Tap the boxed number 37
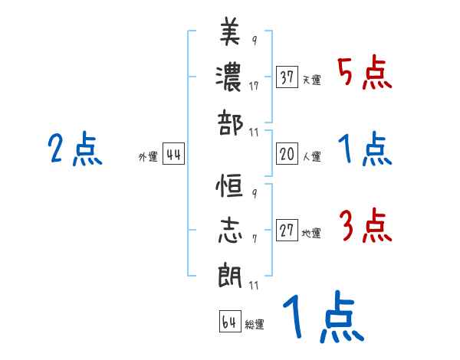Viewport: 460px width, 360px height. tap(287, 77)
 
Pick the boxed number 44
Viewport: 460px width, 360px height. tap(174, 155)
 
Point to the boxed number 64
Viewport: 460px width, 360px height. tap(229, 322)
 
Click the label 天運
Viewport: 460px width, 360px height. tap(311, 80)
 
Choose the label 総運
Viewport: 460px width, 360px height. tap(255, 324)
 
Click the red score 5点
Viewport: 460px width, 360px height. tap(364, 74)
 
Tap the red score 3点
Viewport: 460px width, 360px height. tap(364, 227)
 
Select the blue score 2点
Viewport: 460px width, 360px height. tap(74, 149)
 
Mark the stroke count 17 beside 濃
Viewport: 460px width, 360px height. tap(254, 86)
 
